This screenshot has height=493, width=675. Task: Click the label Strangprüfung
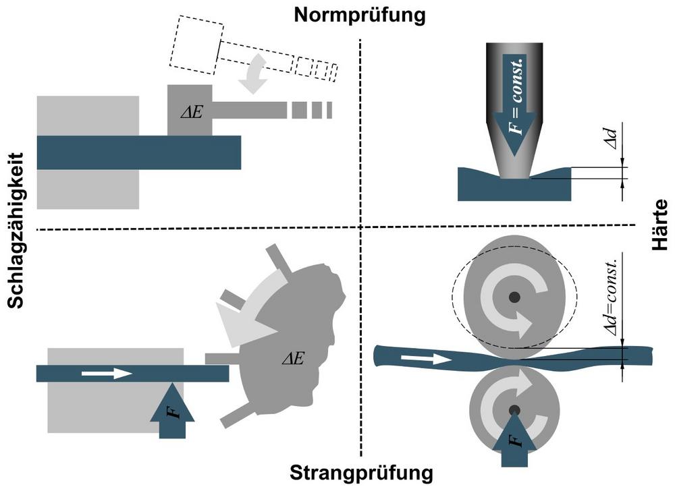361,473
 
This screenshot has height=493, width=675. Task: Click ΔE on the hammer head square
191,111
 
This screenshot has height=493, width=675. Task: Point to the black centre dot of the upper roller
514,296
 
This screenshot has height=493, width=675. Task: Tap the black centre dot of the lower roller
514,409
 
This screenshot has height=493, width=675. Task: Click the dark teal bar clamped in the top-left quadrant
138,152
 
